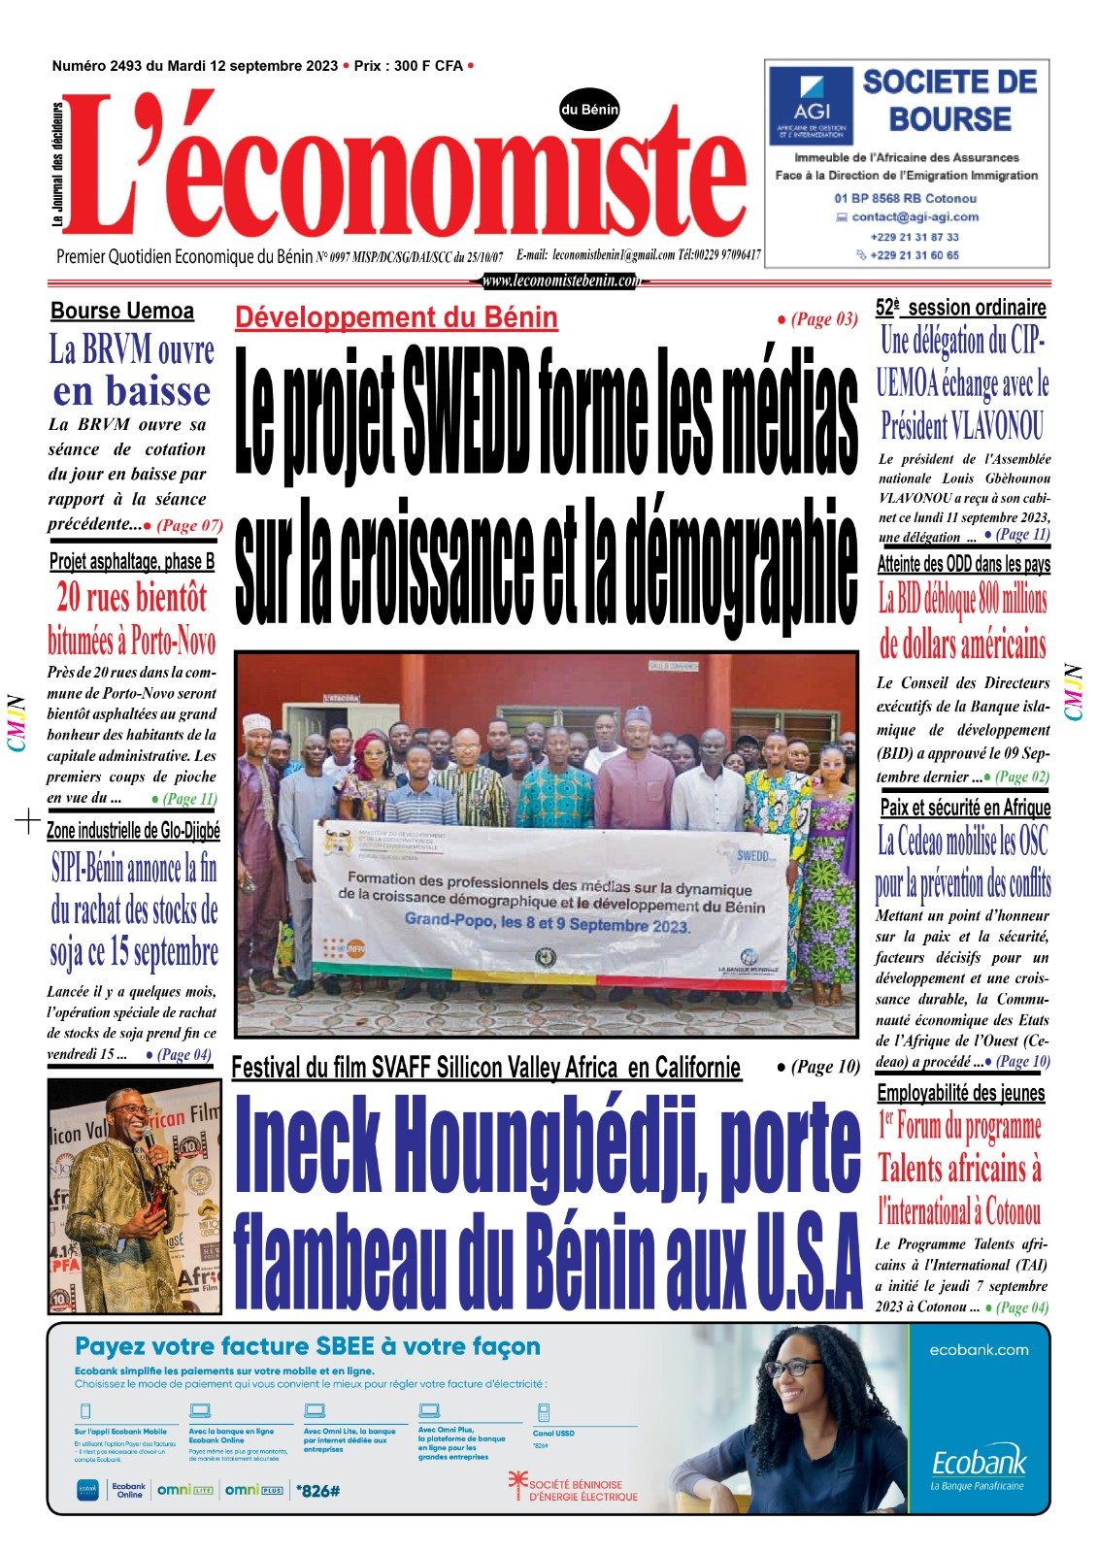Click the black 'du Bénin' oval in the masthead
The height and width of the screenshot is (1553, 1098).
click(589, 111)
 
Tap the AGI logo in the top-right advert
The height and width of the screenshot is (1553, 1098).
click(810, 105)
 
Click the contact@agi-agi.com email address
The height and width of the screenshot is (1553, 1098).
click(915, 217)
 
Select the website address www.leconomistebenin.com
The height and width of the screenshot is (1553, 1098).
click(561, 281)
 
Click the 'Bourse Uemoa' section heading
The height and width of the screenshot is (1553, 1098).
click(122, 312)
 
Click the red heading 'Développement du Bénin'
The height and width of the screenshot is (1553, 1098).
click(396, 317)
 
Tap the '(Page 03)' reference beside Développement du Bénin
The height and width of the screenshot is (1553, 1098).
click(817, 318)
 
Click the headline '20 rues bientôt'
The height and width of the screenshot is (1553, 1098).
click(132, 597)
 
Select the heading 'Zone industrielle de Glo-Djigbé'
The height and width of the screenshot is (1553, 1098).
click(134, 831)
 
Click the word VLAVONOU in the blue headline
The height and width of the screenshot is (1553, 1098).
click(997, 425)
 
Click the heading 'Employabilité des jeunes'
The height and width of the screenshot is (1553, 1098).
click(961, 1093)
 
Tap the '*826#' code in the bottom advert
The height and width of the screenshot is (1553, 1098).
click(317, 1489)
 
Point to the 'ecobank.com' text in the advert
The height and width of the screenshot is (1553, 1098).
click(978, 1349)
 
